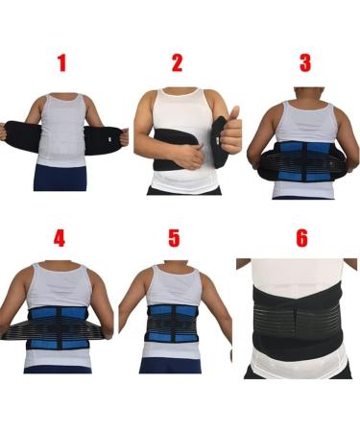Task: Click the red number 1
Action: pos(61,64)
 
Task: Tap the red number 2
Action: pos(178,64)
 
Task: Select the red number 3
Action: pos(304,64)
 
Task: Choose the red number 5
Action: pos(174,239)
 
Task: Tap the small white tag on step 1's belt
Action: pos(124,142)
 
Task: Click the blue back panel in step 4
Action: pos(59,322)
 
